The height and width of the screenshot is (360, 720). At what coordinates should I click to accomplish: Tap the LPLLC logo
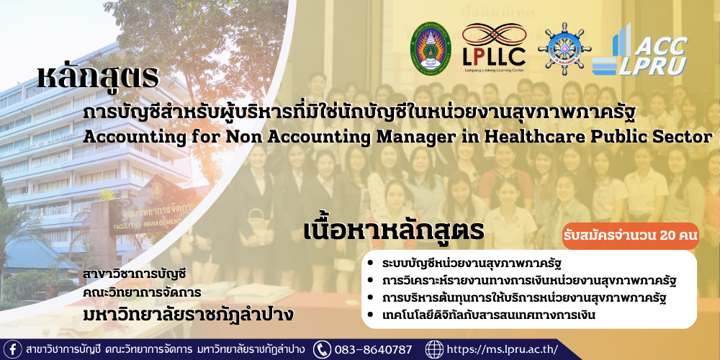(x=494, y=48)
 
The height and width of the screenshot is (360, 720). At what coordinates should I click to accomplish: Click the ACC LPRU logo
(x=639, y=50)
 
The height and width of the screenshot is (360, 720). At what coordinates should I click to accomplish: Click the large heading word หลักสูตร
(x=98, y=77)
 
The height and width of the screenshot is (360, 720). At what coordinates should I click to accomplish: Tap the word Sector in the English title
(x=685, y=136)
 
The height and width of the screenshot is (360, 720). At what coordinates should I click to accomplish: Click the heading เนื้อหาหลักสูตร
(x=394, y=231)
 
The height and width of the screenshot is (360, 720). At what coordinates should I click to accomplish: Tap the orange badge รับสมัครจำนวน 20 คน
(x=631, y=236)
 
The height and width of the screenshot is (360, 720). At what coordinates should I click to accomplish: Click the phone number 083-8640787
(x=373, y=349)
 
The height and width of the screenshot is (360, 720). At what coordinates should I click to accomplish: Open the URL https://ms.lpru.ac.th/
(x=503, y=349)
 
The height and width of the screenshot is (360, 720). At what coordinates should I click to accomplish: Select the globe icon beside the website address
(x=434, y=349)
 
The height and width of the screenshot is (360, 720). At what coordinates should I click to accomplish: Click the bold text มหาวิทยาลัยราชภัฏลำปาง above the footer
(x=188, y=315)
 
